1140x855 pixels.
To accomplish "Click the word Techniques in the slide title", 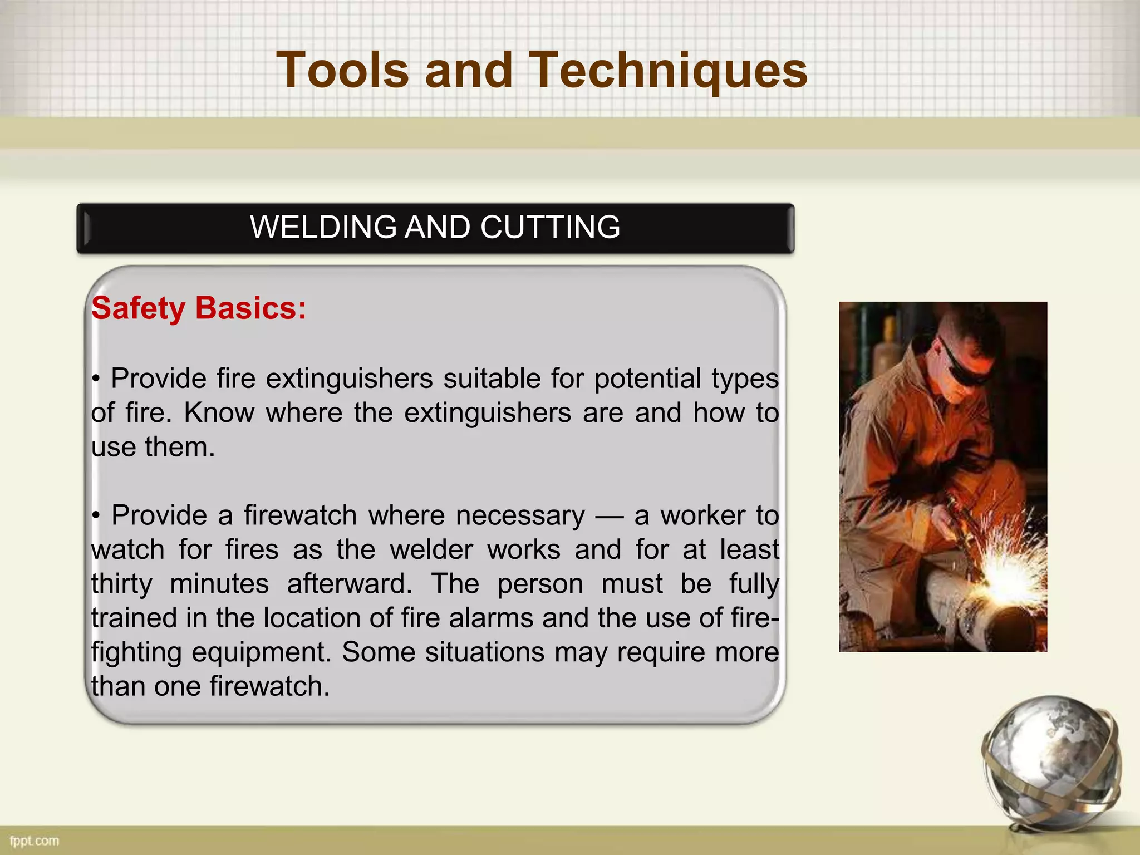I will pyautogui.click(x=667, y=71).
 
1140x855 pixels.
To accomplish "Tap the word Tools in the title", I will pyautogui.click(x=342, y=71).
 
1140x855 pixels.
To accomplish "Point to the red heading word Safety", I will pyautogui.click(x=138, y=308).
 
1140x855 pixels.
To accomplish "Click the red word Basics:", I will pyautogui.click(x=250, y=308).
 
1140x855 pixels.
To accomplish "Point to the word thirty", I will pyautogui.click(x=122, y=584).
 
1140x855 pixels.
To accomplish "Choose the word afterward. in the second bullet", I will pyautogui.click(x=350, y=584).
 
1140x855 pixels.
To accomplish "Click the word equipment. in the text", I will pyautogui.click(x=261, y=652).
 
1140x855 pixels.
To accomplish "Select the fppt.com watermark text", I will pyautogui.click(x=34, y=841).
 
